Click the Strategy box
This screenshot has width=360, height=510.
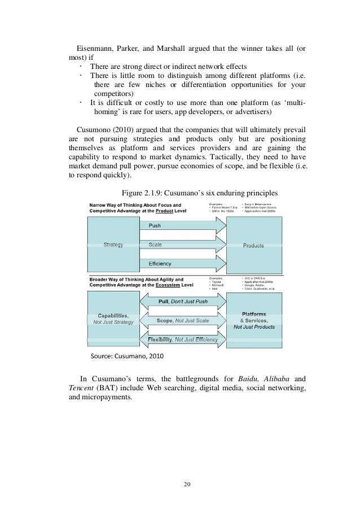tap(113, 245)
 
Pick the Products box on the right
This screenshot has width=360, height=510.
tap(253, 245)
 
